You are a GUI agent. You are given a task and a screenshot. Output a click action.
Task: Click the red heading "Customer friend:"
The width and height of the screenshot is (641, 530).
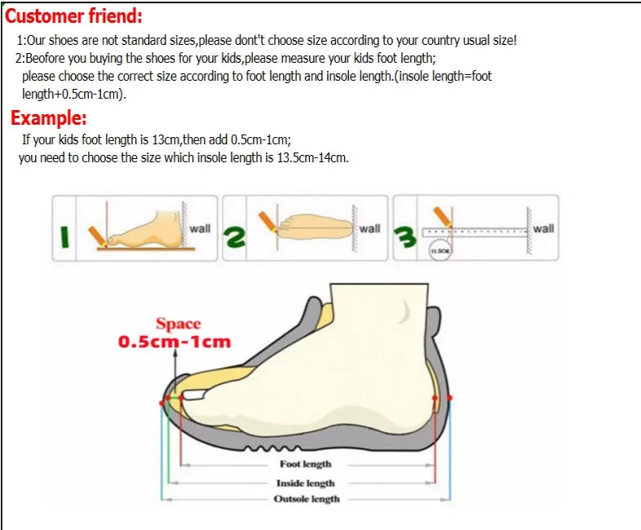click(x=74, y=15)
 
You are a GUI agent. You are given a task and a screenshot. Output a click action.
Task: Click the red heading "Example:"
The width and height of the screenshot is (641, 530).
click(x=49, y=117)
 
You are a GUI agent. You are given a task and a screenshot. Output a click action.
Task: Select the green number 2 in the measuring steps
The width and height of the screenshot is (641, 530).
click(x=235, y=237)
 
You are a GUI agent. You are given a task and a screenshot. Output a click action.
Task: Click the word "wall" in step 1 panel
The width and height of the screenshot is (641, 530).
click(x=200, y=228)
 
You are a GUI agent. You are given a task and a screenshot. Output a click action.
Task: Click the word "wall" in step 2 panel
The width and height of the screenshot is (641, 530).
click(x=369, y=228)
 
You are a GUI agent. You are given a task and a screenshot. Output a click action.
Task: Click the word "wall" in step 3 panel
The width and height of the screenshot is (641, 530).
click(x=543, y=228)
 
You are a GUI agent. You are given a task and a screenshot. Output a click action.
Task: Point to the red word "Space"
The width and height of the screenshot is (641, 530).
click(x=178, y=324)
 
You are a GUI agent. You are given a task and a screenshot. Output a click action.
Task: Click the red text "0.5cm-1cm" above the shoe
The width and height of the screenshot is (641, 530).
click(x=175, y=342)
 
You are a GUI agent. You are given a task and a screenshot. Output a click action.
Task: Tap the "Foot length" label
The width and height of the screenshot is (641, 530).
click(x=306, y=464)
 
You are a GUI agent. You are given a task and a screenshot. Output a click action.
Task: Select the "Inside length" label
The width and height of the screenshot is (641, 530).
click(x=306, y=483)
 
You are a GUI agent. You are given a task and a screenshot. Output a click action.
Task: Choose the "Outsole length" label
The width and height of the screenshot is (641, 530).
click(x=307, y=499)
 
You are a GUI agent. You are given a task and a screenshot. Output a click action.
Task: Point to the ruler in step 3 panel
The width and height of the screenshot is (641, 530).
click(x=481, y=232)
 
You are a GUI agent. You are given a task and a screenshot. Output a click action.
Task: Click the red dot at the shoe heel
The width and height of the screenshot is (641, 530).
click(x=451, y=398)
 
